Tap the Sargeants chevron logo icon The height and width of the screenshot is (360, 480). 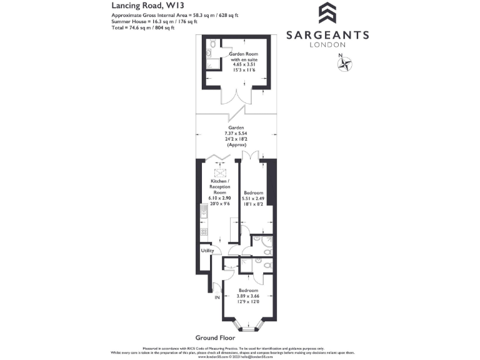[327, 14]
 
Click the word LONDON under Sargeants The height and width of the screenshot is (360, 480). [327, 45]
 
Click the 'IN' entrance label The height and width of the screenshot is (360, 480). [217, 297]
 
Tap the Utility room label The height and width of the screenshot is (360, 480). [207, 251]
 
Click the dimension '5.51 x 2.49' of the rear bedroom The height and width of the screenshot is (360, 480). [254, 198]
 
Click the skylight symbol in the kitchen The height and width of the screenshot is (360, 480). [220, 174]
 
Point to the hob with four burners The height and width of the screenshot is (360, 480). [204, 232]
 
